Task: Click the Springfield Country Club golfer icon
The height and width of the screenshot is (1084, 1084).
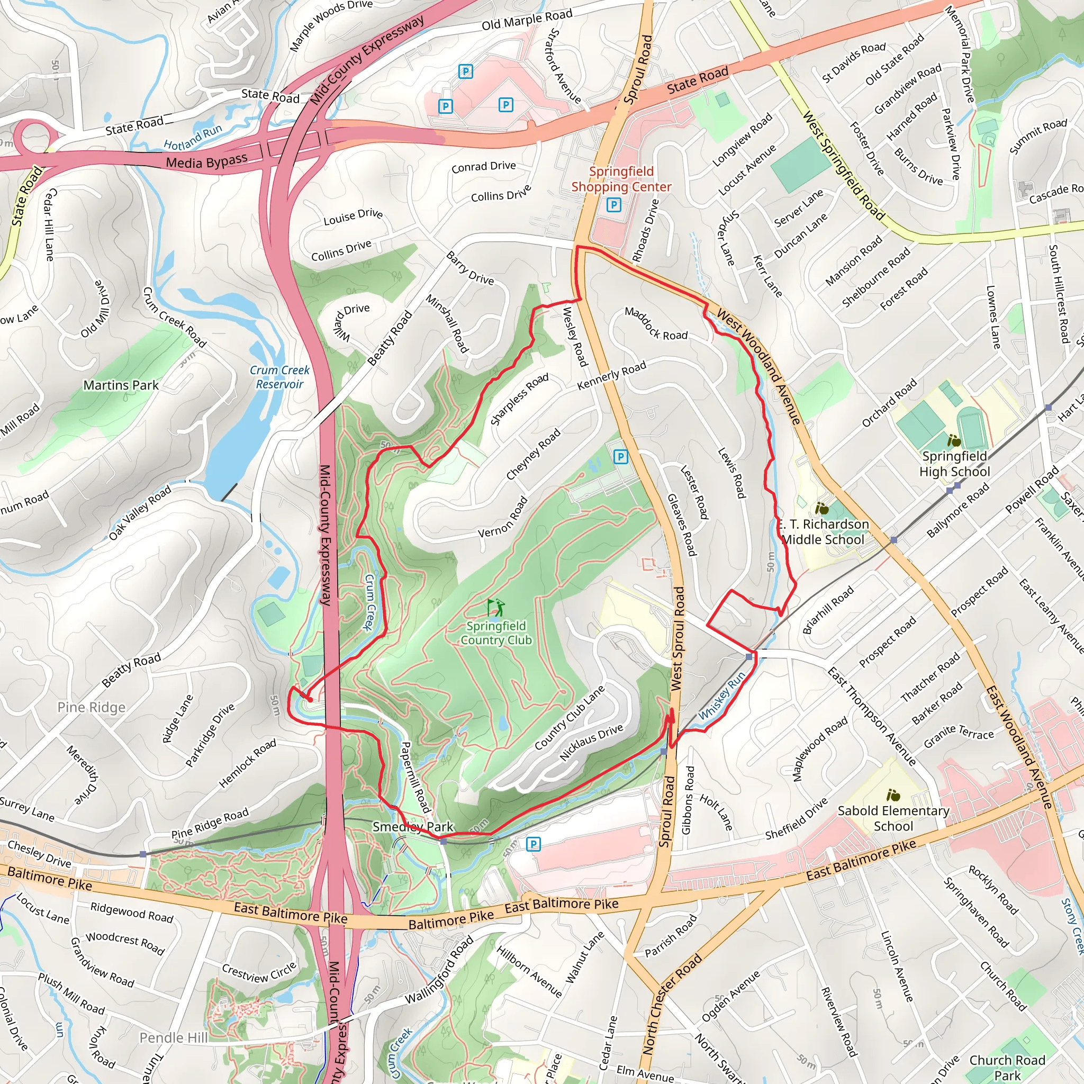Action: pos(496,607)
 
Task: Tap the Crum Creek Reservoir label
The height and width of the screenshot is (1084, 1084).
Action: pos(279,377)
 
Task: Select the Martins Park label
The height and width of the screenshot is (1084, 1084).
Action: pos(121,385)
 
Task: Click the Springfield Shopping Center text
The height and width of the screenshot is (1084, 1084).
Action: pos(621,179)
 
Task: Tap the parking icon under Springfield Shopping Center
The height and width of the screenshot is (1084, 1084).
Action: pos(614,205)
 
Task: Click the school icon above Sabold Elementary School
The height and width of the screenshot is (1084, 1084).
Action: pos(893,795)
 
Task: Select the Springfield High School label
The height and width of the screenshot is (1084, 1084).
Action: pos(954,464)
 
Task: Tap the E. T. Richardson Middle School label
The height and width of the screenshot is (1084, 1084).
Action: pos(823,532)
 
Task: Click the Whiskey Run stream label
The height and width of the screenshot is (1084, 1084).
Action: pos(722,695)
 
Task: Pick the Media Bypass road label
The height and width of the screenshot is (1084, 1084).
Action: pos(206,162)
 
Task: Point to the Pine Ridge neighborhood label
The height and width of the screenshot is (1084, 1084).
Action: pos(92,708)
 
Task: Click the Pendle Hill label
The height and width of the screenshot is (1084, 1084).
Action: pos(174,1038)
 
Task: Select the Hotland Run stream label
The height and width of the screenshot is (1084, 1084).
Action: pos(193,138)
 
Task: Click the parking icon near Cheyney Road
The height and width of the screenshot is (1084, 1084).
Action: pos(620,457)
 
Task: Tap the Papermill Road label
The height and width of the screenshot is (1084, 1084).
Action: pos(415,777)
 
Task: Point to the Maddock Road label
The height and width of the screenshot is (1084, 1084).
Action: pos(656,324)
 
